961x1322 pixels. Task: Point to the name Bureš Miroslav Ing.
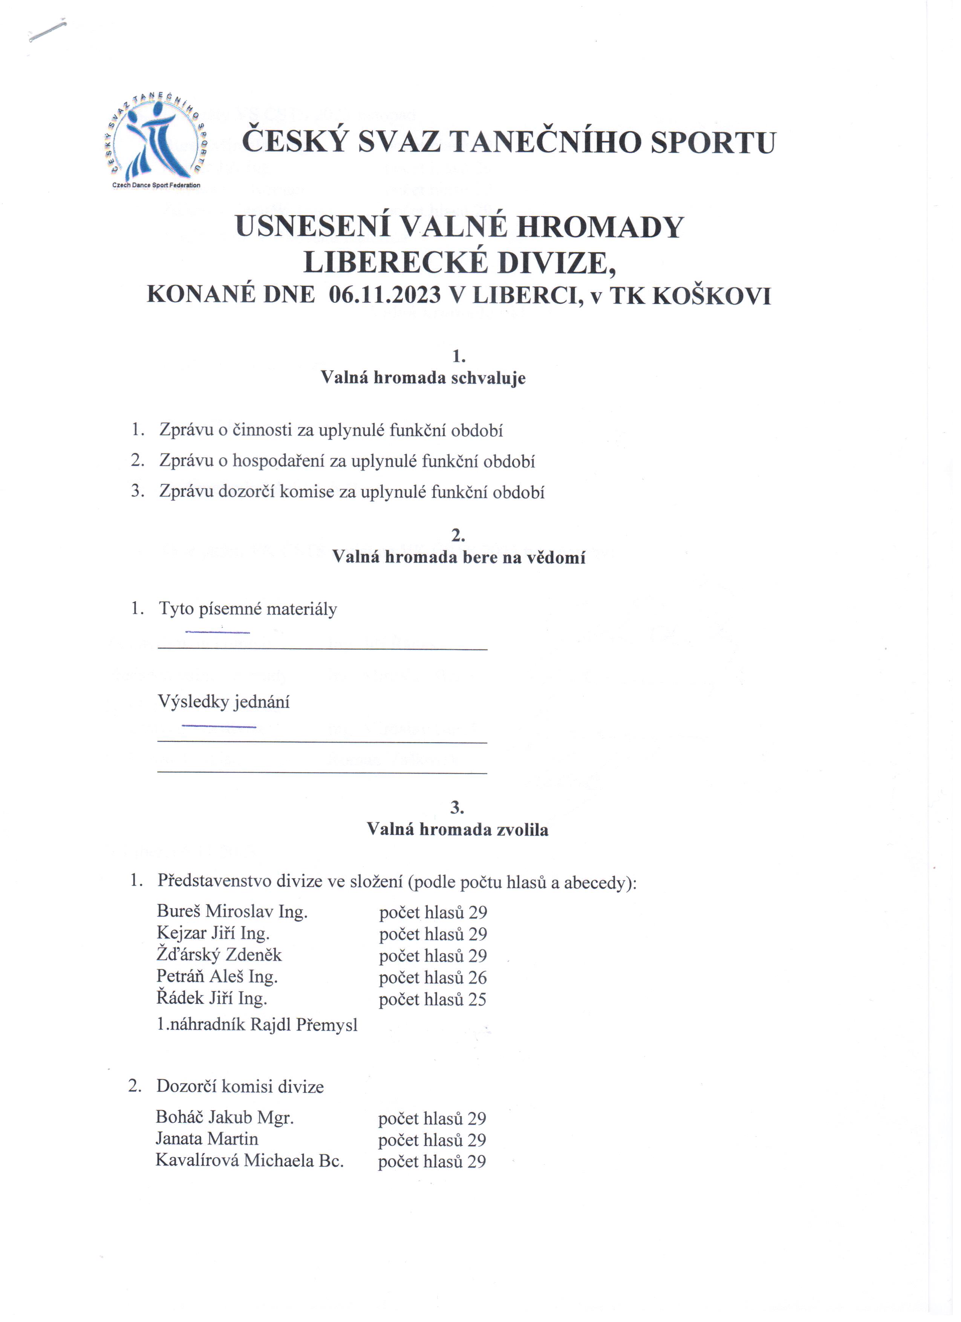coord(232,911)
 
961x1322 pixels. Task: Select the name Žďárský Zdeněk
coord(219,955)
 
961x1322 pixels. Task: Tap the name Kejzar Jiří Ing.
coord(213,933)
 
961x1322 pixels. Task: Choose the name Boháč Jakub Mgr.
coord(225,1117)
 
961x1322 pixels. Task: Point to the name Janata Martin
coord(207,1138)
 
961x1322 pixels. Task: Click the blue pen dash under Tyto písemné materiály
coord(217,632)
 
